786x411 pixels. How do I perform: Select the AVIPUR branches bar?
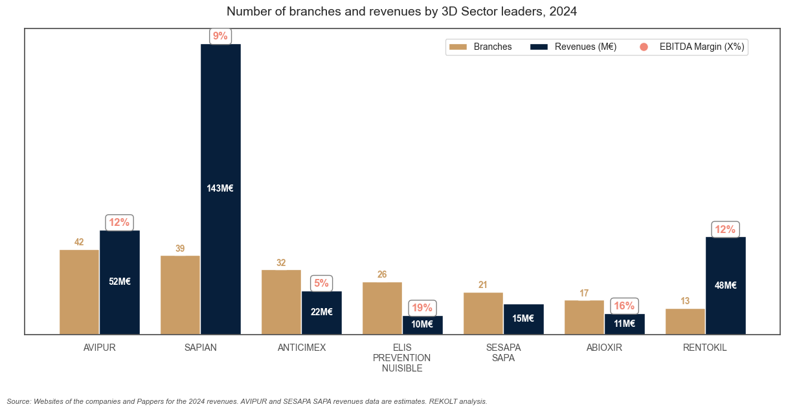(79, 291)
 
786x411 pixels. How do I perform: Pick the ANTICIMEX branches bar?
(281, 302)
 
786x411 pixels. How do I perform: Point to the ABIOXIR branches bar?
(584, 317)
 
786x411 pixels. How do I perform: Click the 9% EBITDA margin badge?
(220, 36)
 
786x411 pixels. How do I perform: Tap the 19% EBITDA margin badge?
(422, 308)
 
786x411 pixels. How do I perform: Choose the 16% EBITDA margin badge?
(624, 306)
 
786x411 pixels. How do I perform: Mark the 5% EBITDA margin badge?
(321, 283)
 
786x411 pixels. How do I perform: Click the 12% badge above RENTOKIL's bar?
(725, 230)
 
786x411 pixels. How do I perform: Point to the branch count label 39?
(180, 249)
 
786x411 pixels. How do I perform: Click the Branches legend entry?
(482, 47)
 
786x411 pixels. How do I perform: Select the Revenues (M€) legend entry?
(574, 47)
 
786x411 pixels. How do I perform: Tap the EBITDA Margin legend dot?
(644, 47)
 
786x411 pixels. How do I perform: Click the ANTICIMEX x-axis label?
(302, 348)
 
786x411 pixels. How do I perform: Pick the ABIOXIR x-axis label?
(604, 348)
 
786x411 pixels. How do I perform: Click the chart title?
(401, 12)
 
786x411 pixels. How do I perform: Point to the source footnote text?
(247, 401)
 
